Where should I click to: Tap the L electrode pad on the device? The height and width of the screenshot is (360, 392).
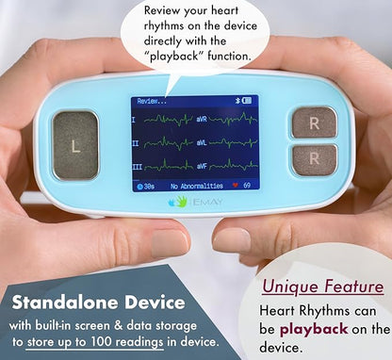tap(74, 145)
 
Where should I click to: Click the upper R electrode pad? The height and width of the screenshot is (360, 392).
tap(315, 122)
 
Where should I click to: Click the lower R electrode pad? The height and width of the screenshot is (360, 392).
tap(315, 160)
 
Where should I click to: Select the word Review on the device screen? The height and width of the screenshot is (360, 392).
tap(149, 100)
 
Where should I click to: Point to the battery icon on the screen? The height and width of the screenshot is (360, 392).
tap(251, 99)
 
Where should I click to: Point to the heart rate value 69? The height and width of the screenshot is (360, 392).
tap(249, 186)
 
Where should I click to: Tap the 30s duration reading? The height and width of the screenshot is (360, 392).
tap(148, 186)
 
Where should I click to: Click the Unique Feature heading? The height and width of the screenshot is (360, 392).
tap(322, 286)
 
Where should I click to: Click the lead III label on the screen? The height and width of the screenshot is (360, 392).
tap(137, 167)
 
